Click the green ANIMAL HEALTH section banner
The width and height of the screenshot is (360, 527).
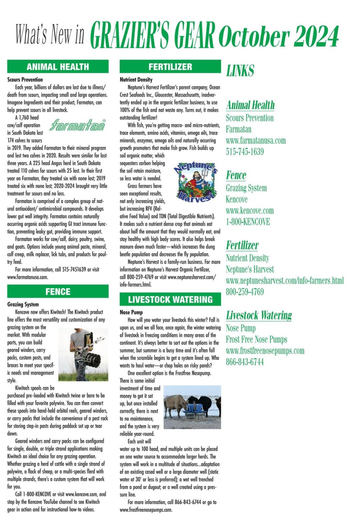tap(58, 67)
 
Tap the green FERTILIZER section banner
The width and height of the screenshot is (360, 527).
tap(170, 67)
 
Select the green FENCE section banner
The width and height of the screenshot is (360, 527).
tap(58, 292)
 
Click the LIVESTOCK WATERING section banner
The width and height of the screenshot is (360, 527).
tap(170, 300)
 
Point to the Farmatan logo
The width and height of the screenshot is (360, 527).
tap(78, 126)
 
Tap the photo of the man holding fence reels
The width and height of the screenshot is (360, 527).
tap(83, 354)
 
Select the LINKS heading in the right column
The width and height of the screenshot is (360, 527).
tap(240, 71)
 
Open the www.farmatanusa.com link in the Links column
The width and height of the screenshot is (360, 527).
tap(255, 141)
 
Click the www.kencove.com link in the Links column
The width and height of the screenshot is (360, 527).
tap(250, 210)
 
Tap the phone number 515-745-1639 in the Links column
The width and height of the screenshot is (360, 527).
tap(244, 152)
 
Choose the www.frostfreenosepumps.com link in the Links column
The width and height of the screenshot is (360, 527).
tap(265, 351)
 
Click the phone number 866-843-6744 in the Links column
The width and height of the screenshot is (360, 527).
tap(244, 362)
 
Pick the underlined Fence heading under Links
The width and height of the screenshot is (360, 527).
tap(236, 175)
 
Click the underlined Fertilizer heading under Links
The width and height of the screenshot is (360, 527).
tap(242, 245)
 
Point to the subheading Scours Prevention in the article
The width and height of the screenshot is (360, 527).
tap(25, 79)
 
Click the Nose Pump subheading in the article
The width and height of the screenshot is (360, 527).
tap(131, 312)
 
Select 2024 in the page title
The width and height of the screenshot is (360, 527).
tap(316, 37)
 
